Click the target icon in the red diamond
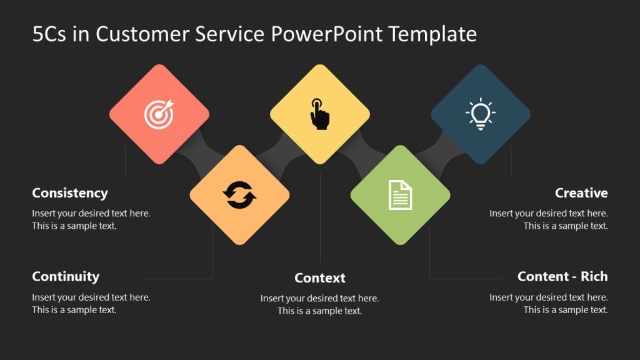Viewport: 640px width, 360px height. (x=159, y=114)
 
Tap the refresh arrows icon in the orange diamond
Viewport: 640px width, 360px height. (x=239, y=194)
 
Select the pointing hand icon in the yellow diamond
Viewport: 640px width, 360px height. (x=320, y=114)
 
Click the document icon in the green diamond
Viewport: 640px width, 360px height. (x=400, y=194)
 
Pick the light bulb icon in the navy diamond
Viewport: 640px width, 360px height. (x=480, y=114)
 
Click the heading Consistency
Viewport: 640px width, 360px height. (x=70, y=193)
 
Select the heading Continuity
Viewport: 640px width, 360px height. (x=66, y=276)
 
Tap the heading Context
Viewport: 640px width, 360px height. (x=320, y=278)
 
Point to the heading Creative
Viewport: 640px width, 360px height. (x=581, y=193)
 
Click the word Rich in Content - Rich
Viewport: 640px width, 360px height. (x=594, y=276)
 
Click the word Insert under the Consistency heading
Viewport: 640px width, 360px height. (x=44, y=213)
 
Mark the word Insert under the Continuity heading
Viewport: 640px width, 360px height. (x=44, y=297)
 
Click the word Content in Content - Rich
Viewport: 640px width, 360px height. (x=542, y=276)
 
